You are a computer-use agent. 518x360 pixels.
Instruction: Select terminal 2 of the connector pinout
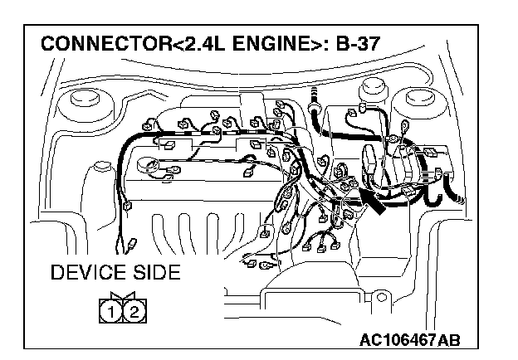(x=134, y=312)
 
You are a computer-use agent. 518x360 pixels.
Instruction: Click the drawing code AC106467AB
(x=410, y=339)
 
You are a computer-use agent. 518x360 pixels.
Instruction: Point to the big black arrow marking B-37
(x=373, y=201)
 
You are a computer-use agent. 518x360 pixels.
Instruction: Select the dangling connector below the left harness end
(x=130, y=246)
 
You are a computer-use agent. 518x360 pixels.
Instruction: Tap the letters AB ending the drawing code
(x=449, y=339)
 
